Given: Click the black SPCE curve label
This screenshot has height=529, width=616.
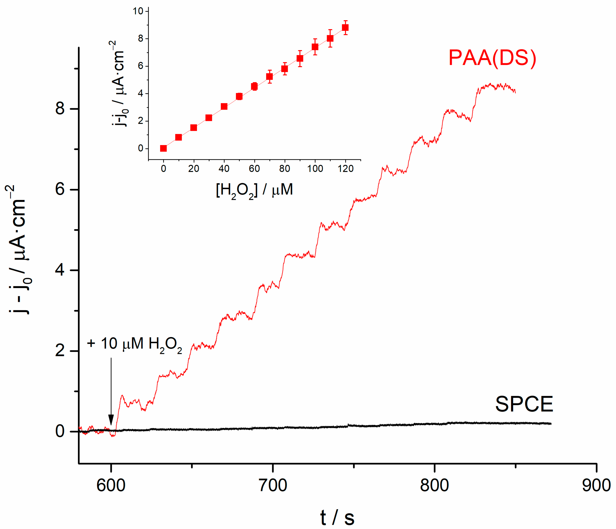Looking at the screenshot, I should point(524,404).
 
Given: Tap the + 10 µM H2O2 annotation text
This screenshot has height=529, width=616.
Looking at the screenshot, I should point(134,344).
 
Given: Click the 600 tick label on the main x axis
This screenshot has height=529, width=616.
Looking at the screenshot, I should point(111,486).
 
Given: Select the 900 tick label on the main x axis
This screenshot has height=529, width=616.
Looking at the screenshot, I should point(596,486).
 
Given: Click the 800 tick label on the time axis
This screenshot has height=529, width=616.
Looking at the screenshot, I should point(434,486).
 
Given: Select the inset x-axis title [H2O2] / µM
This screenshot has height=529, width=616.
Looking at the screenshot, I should point(254,190).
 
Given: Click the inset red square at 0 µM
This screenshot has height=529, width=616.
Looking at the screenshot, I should point(163,148).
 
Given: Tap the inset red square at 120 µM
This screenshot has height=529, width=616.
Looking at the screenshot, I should point(345,28).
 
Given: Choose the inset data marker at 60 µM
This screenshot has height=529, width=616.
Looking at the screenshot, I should point(254,86).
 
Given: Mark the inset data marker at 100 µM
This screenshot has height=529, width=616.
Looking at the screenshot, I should point(315,47).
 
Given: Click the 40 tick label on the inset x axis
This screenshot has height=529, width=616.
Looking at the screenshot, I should point(224,169).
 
